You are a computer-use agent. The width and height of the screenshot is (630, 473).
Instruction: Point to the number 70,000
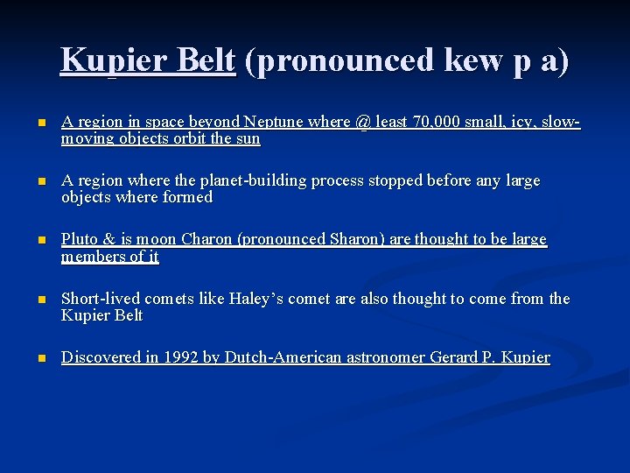435,124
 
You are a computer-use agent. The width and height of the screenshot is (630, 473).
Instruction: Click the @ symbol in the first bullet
365,124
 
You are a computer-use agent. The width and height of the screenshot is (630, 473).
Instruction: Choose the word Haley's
258,299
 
